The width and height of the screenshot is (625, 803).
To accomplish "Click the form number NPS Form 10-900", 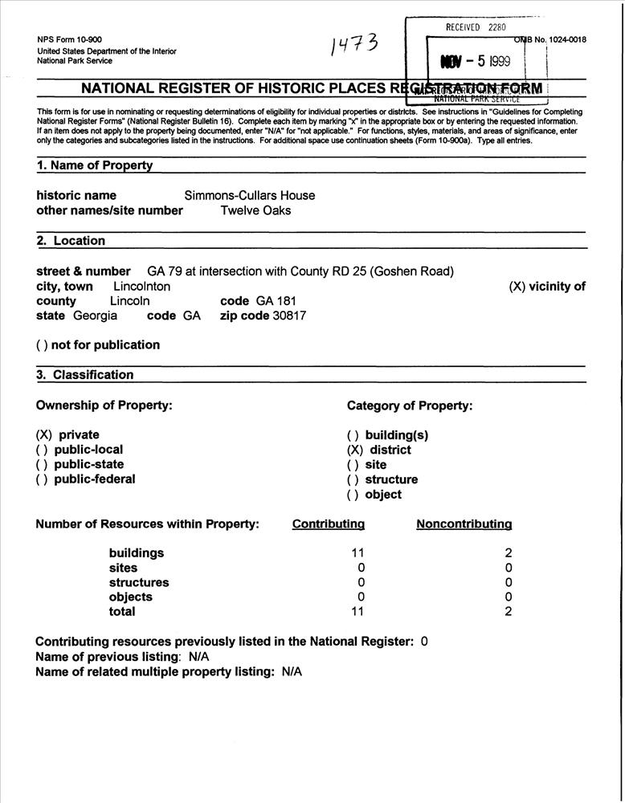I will coord(69,39).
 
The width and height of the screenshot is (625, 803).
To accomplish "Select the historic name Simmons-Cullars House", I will coord(250,195).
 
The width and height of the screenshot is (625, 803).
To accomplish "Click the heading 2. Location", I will coord(71,241).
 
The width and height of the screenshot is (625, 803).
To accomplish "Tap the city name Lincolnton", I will coord(141,286).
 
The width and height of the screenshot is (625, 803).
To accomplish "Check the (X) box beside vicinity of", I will coord(517,287).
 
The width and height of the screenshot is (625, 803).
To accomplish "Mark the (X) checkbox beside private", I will coord(43,435).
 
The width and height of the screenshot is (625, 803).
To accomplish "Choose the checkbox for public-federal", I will coord(42,479).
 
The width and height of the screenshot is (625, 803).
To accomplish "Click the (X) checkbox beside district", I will coord(354,450).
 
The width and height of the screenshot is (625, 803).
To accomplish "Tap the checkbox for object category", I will coord(353,495).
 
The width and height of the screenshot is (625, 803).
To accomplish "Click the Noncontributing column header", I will coord(464,524).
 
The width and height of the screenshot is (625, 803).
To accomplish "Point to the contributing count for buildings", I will coord(358,553).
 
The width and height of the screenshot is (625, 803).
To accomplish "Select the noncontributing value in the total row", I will coord(509,612).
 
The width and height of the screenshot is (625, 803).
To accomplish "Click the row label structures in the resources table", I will coord(139,583).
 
